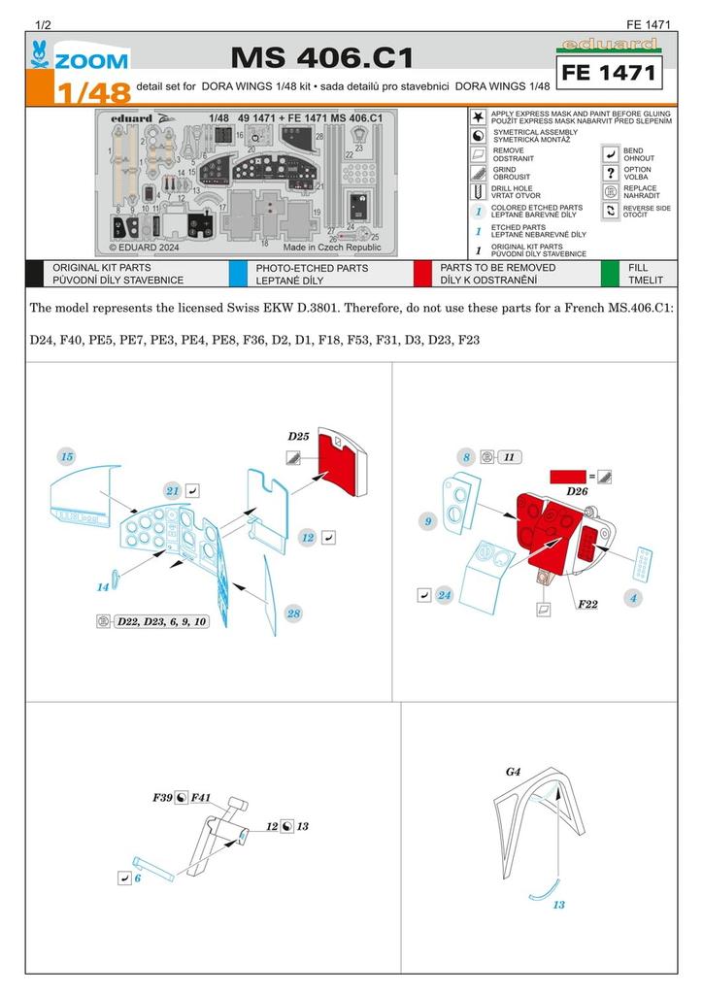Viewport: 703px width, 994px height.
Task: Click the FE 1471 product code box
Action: pos(608,73)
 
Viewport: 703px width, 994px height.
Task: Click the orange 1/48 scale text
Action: pos(90,94)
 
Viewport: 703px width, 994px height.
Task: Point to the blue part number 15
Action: pos(66,455)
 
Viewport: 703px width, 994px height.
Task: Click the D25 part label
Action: pos(298,436)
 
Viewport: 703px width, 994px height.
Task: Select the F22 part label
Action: pos(586,605)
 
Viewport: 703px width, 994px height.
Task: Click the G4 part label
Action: pos(513,772)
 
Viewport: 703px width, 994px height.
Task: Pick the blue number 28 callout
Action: pos(293,613)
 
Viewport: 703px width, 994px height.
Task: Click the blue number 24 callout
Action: pos(445,595)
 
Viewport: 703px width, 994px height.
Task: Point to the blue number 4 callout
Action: pos(632,598)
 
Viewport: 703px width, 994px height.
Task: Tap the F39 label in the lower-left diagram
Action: pos(161,797)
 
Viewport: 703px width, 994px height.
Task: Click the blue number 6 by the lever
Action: pos(138,877)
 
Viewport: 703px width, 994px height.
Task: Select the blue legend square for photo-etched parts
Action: pos(237,274)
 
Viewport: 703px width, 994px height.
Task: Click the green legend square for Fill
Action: pos(610,274)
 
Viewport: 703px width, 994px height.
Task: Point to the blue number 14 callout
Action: pos(102,587)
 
